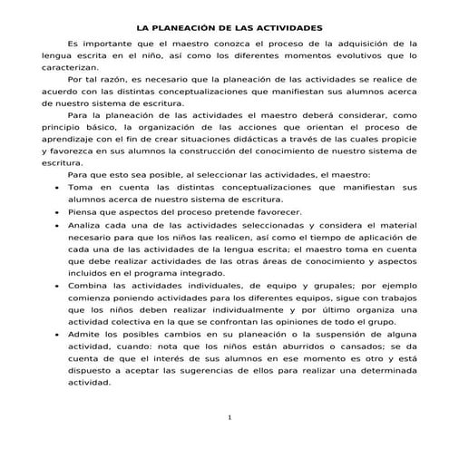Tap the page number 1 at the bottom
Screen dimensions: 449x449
point(230,417)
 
